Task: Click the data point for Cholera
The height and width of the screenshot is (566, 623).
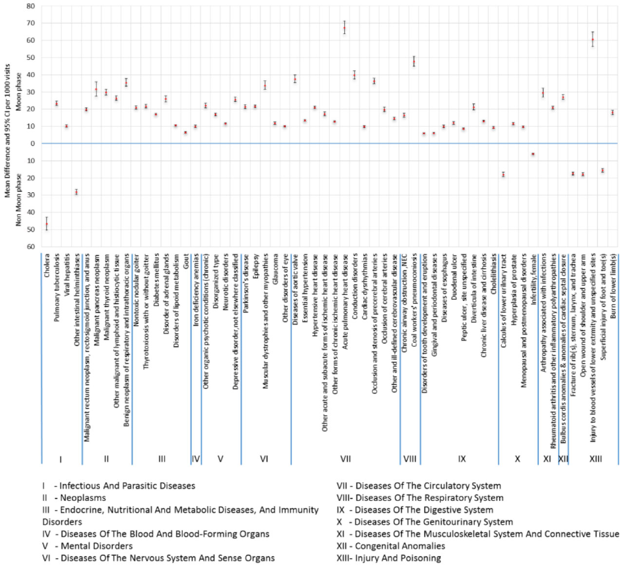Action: click(47, 224)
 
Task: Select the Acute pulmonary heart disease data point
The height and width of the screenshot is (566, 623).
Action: click(344, 28)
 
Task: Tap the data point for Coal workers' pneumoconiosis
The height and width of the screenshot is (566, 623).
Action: click(414, 61)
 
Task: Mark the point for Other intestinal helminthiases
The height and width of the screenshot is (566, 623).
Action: click(76, 192)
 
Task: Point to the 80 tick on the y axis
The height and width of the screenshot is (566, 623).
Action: click(31, 6)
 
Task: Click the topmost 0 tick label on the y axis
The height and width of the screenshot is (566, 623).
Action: click(33, 144)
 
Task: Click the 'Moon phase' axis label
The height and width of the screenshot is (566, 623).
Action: click(19, 92)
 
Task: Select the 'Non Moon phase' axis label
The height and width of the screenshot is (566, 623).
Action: click(19, 200)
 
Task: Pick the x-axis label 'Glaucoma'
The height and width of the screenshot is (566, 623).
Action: click(276, 269)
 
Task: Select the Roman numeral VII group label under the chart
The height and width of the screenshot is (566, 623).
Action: click(345, 458)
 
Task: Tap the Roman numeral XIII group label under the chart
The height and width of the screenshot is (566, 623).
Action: click(595, 458)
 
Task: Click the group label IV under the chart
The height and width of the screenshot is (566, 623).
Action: click(196, 458)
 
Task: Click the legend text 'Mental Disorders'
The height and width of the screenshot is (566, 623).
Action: click(96, 546)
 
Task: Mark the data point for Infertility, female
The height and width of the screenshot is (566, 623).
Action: click(533, 154)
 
